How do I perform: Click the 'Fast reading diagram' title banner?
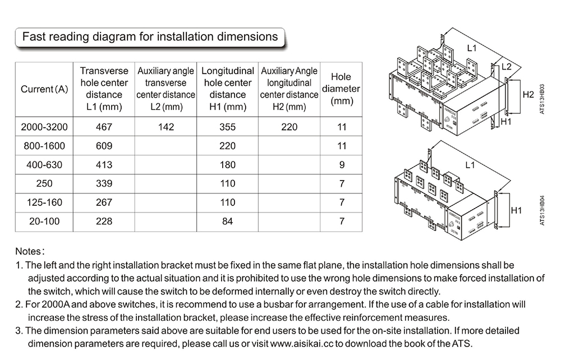[149, 37]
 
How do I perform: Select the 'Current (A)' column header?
[44, 89]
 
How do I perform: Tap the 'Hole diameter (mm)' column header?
[341, 89]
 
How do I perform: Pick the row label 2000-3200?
[44, 127]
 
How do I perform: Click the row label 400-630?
[44, 165]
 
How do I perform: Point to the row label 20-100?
[44, 221]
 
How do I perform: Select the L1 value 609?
[104, 146]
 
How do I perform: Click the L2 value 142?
[166, 127]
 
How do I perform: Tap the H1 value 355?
[227, 127]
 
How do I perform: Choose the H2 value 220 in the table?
[289, 127]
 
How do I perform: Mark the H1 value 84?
[227, 221]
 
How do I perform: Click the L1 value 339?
[104, 184]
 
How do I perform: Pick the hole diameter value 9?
[341, 165]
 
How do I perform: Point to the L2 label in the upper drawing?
[506, 67]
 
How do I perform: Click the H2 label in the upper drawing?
[527, 94]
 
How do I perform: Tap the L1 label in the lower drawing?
[470, 165]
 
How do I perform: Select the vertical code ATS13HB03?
[542, 99]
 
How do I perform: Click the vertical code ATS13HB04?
[542, 210]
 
